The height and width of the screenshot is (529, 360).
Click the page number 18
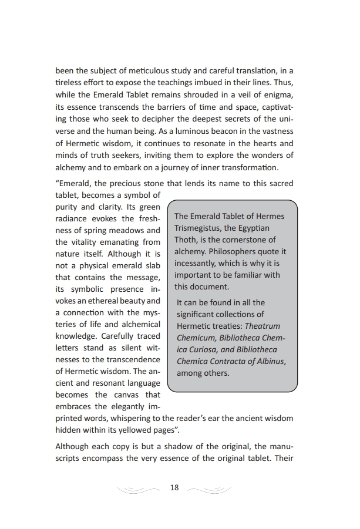[174, 488]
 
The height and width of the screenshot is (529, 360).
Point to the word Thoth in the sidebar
[186, 240]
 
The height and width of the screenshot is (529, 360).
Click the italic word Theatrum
[262, 326]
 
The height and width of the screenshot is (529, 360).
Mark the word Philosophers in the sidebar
[233, 251]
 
